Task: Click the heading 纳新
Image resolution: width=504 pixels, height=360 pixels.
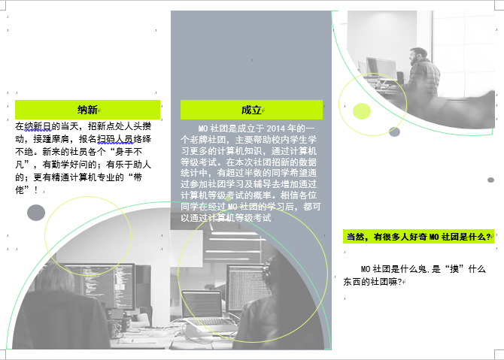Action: click(x=87, y=110)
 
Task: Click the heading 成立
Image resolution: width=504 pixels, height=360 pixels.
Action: click(x=251, y=110)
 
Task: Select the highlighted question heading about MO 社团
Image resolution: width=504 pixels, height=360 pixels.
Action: click(x=418, y=237)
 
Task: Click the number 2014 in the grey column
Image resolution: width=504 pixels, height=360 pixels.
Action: click(x=275, y=129)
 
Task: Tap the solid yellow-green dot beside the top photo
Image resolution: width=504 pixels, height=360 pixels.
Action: click(x=362, y=111)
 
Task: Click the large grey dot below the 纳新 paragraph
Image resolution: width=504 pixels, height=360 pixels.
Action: click(x=36, y=213)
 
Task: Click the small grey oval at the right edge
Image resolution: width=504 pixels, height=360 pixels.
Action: click(x=490, y=180)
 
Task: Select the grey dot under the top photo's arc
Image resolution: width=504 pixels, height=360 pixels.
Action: click(x=394, y=132)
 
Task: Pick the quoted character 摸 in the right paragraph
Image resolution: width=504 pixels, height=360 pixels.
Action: click(x=454, y=269)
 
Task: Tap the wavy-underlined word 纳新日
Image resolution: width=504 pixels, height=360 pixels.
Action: click(x=38, y=126)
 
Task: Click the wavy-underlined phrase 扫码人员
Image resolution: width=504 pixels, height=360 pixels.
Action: click(x=115, y=139)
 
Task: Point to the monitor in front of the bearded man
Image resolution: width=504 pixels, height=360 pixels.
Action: click(x=381, y=68)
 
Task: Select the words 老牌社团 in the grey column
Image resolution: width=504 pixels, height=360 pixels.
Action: click(x=208, y=140)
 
